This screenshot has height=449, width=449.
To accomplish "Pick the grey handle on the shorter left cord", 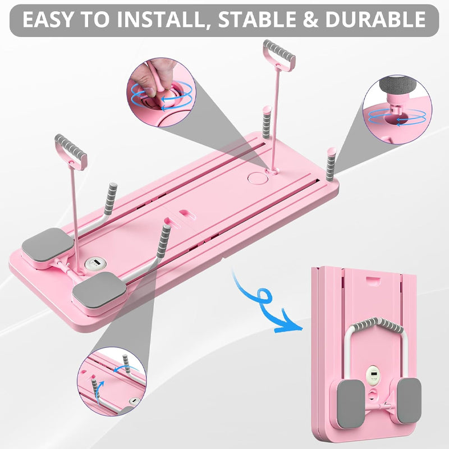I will (71, 147).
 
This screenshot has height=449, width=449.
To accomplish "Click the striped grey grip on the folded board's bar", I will (372, 325).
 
